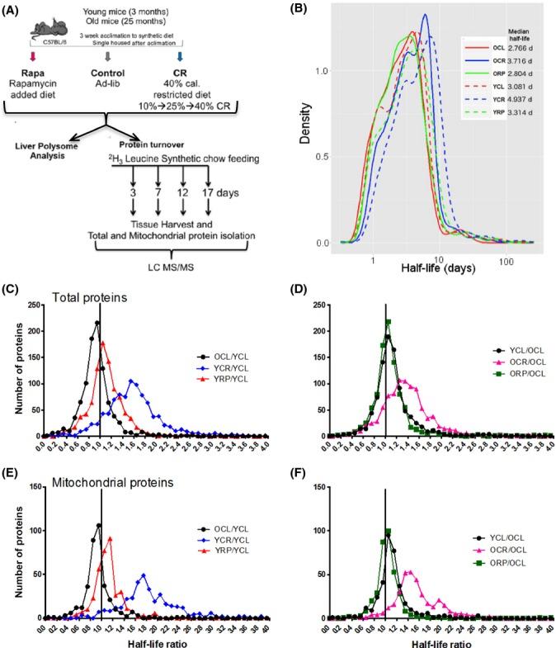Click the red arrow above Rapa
34,57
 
